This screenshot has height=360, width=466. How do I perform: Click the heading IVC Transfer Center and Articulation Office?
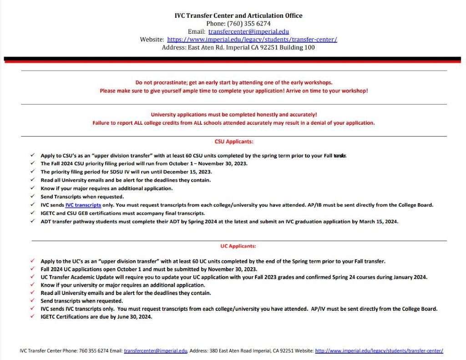coord(238,15)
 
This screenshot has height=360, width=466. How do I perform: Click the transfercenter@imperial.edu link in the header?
coord(248,32)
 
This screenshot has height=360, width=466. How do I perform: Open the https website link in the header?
coord(252,40)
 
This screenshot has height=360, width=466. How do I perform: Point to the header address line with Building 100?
coord(238,47)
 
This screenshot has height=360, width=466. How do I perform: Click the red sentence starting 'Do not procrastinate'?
coord(234,82)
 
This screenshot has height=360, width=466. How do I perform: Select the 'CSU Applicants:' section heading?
coord(234,142)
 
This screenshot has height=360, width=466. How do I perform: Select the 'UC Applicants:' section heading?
coord(238,246)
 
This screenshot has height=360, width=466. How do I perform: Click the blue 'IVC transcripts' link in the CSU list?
coord(83,205)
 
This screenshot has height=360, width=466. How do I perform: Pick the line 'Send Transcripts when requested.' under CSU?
coord(82,197)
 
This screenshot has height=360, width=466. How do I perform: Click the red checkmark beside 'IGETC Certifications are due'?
coord(32,317)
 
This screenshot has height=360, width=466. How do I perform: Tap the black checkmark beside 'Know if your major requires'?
coord(32,188)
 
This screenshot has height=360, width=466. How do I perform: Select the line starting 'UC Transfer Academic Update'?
coord(233,277)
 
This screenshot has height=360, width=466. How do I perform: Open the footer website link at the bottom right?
coord(379,351)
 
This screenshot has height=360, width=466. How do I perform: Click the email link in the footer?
coord(156,351)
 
